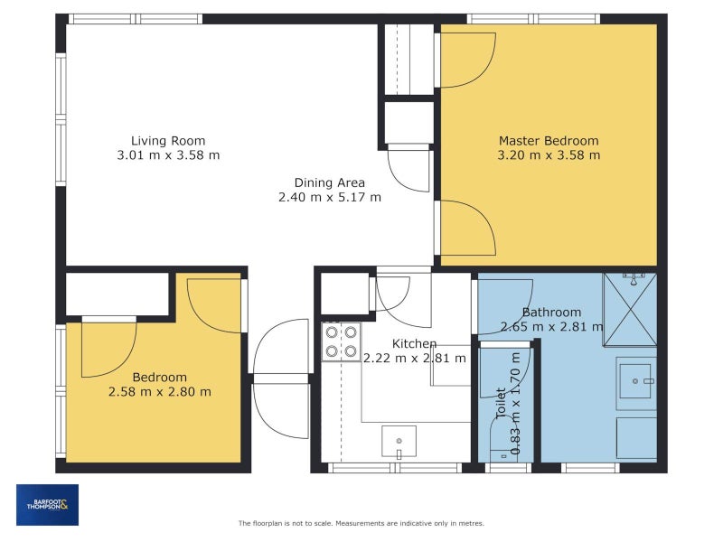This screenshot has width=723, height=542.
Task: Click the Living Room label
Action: pyautogui.click(x=168, y=141)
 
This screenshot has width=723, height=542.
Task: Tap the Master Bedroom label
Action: pyautogui.click(x=549, y=141)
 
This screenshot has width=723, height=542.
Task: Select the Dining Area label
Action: pyautogui.click(x=330, y=183)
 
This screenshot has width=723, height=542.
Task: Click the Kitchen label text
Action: pyautogui.click(x=414, y=343)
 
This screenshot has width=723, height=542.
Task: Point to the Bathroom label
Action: pyautogui.click(x=551, y=312)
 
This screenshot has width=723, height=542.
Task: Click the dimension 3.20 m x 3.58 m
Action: pyautogui.click(x=549, y=154)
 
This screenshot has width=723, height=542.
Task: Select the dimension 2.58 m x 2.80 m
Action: pyautogui.click(x=160, y=392)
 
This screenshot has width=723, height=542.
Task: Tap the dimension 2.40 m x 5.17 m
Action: pyautogui.click(x=330, y=197)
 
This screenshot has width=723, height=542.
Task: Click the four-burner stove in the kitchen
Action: pyautogui.click(x=342, y=341)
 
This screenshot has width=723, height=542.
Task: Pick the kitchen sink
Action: pyautogui.click(x=399, y=442)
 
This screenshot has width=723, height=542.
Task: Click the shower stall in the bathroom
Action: pyautogui.click(x=630, y=309)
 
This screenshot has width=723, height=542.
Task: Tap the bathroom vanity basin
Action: pyautogui.click(x=635, y=381)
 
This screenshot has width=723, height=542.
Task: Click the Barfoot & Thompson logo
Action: pyautogui.click(x=48, y=505)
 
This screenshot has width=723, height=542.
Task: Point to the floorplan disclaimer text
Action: pyautogui.click(x=361, y=523)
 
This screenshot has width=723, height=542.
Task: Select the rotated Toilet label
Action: pyautogui.click(x=501, y=403)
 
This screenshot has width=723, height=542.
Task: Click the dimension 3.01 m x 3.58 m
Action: pyautogui.click(x=168, y=154)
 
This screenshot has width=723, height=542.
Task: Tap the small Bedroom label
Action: pyautogui.click(x=160, y=378)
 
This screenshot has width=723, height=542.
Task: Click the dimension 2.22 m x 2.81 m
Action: pyautogui.click(x=415, y=358)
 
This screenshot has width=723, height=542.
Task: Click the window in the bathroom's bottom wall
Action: pyautogui.click(x=590, y=468)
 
